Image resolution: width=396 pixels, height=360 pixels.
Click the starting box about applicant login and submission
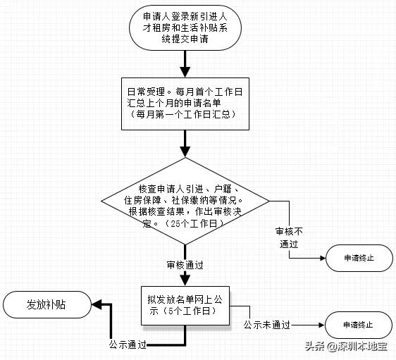[x=185, y=30]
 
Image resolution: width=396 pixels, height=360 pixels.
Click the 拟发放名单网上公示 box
[x=185, y=305]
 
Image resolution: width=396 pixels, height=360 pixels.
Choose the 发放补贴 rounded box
[x=48, y=305]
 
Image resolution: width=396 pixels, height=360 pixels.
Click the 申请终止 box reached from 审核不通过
[x=359, y=258]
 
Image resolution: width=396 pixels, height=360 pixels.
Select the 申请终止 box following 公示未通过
[x=359, y=325]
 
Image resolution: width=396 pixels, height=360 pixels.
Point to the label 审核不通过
[x=290, y=237]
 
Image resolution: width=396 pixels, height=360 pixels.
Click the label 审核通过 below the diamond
[x=185, y=265]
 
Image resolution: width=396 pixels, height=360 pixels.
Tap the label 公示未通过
[x=267, y=325]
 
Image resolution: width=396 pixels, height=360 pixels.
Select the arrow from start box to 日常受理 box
[x=185, y=64]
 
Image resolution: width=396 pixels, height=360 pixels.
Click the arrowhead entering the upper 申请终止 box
[x=321, y=258]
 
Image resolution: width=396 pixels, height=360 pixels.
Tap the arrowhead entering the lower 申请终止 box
[x=321, y=325]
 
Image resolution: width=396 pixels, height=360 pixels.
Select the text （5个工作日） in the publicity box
[x=184, y=311]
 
